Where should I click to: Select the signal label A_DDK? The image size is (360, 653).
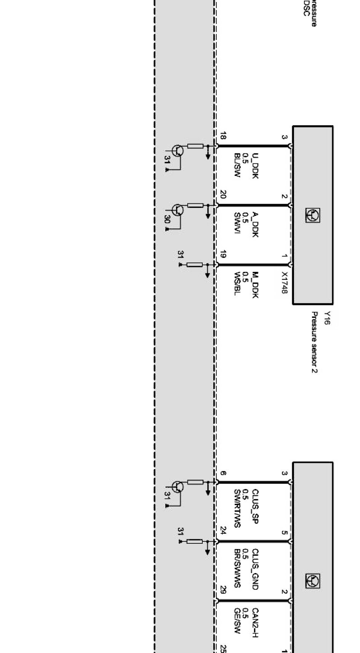coord(256,225)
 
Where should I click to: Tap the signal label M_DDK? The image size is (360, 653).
coord(256,285)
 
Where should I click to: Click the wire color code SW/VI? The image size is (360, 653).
coord(237,223)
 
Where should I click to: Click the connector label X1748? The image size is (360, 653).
coord(284,282)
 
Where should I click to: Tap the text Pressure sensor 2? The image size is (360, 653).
coord(314,342)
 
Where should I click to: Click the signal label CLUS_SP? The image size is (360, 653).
coord(256,506)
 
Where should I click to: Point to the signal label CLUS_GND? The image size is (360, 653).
coord(256,569)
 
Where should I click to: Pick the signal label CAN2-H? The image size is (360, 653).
coord(256,623)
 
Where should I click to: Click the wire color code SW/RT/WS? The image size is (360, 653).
coord(237,508)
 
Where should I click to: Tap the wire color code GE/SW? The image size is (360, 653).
coord(237,621)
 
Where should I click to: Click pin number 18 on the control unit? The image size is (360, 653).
coord(223,136)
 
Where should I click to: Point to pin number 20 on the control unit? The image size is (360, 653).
coord(223,195)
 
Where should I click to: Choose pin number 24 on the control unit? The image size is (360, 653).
coord(223,530)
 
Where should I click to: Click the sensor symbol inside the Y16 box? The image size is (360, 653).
coord(312,215)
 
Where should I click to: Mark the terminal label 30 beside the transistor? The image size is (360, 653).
coord(167,220)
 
